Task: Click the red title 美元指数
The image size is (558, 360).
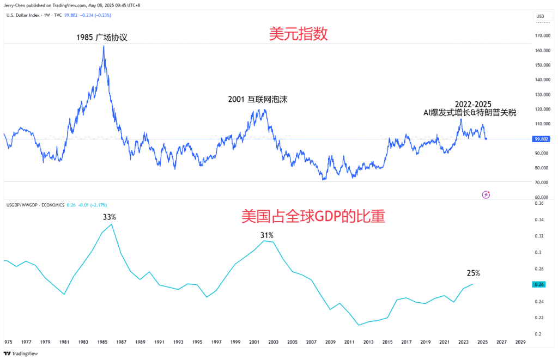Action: pos(298,34)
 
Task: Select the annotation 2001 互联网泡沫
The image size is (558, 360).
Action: pos(257,100)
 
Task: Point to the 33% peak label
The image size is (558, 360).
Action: pos(110,217)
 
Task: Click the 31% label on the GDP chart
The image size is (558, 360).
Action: pos(266,235)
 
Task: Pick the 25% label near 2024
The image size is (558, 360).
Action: pos(473,273)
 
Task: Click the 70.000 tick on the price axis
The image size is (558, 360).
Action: pos(541,182)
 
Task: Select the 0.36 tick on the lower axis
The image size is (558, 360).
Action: pos(539,204)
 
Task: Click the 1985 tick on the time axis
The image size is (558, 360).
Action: pos(102,342)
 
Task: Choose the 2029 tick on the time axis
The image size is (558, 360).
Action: pos(520,342)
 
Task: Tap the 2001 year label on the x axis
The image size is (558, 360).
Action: pos(254,342)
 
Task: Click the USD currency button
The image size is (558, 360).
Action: pos(541,16)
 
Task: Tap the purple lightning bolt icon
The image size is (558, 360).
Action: pos(486,194)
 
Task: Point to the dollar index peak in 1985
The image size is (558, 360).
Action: pos(104,46)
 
